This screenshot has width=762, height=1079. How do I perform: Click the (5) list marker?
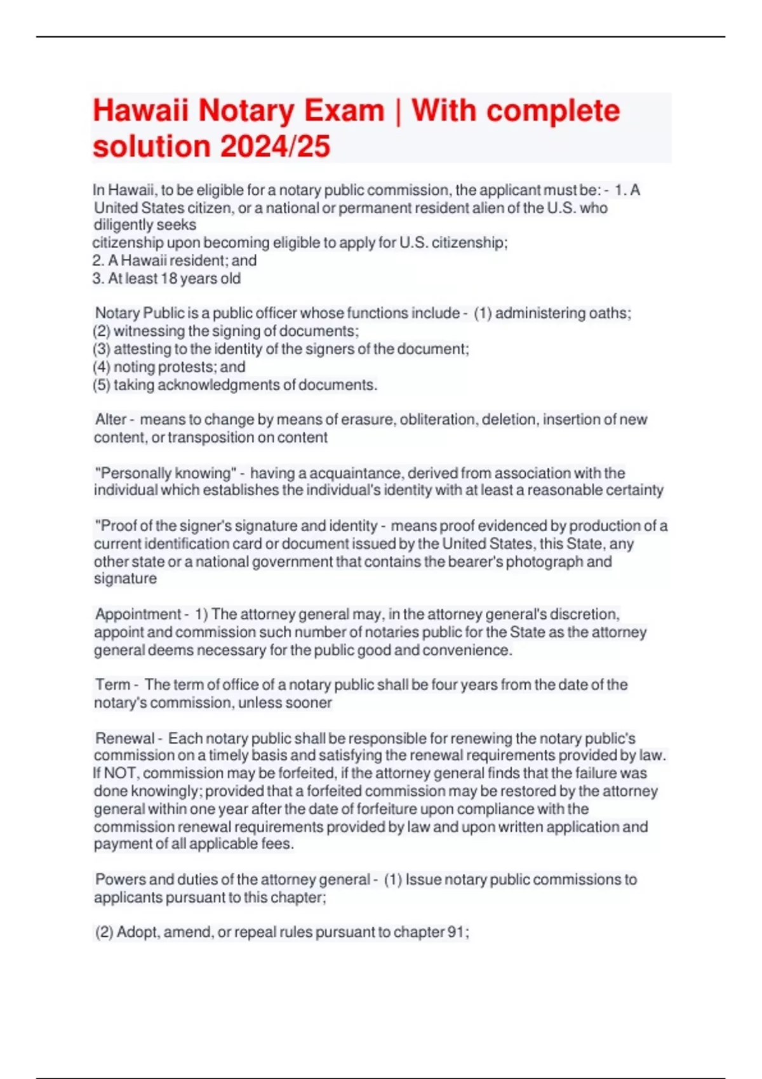tap(102, 385)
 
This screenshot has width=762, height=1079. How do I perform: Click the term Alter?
tap(111, 420)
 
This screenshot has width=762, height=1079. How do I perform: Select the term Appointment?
tap(138, 614)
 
